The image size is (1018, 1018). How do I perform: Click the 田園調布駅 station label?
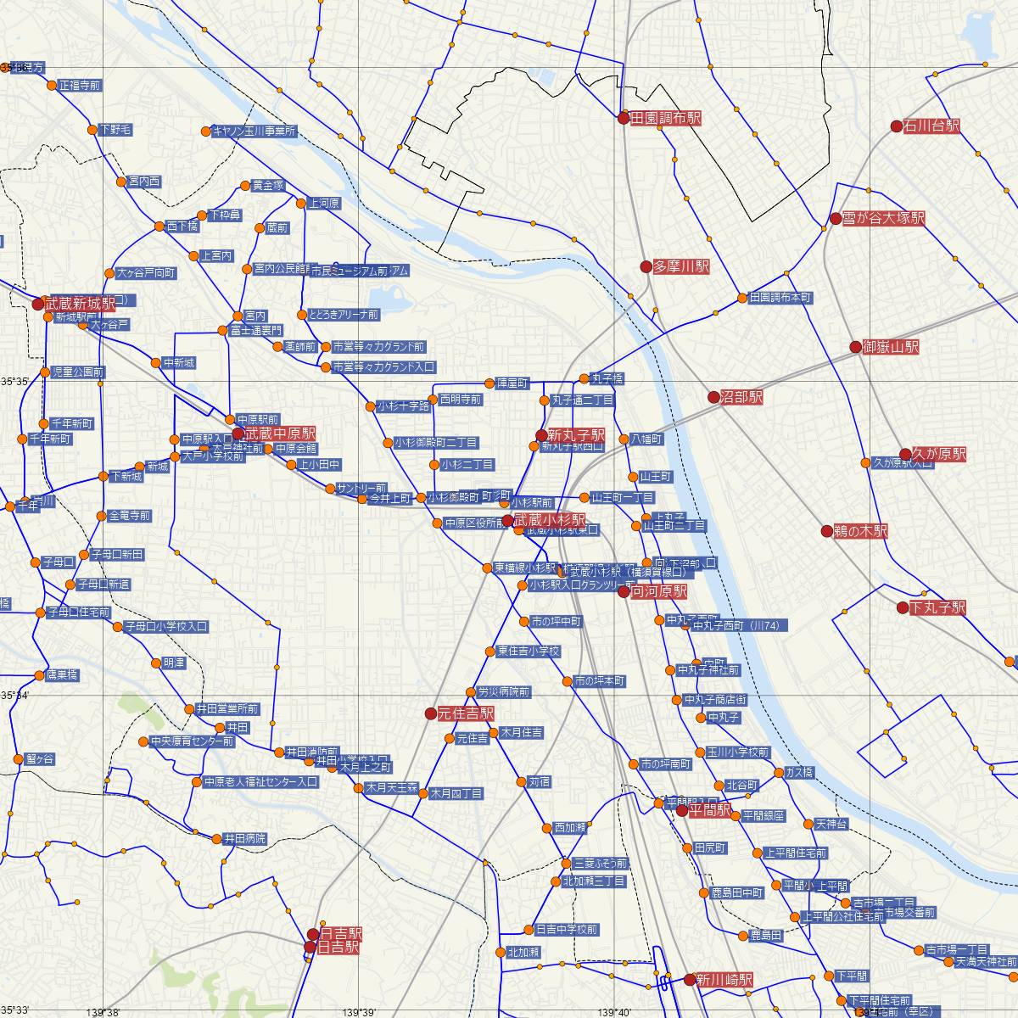(666, 120)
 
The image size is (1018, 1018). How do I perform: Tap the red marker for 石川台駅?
(896, 126)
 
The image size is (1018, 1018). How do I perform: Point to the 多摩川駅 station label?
(680, 266)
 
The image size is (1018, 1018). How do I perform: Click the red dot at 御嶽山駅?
(856, 347)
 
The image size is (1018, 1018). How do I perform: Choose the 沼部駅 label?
(741, 397)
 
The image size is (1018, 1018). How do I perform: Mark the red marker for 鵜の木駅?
(827, 532)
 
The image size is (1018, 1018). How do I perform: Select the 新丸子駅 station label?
(576, 434)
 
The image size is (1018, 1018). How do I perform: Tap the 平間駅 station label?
(709, 810)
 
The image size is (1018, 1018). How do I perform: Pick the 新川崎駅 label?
(724, 980)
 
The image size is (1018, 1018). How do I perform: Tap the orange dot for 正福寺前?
(52, 86)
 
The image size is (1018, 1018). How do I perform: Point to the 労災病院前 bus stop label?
(504, 692)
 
